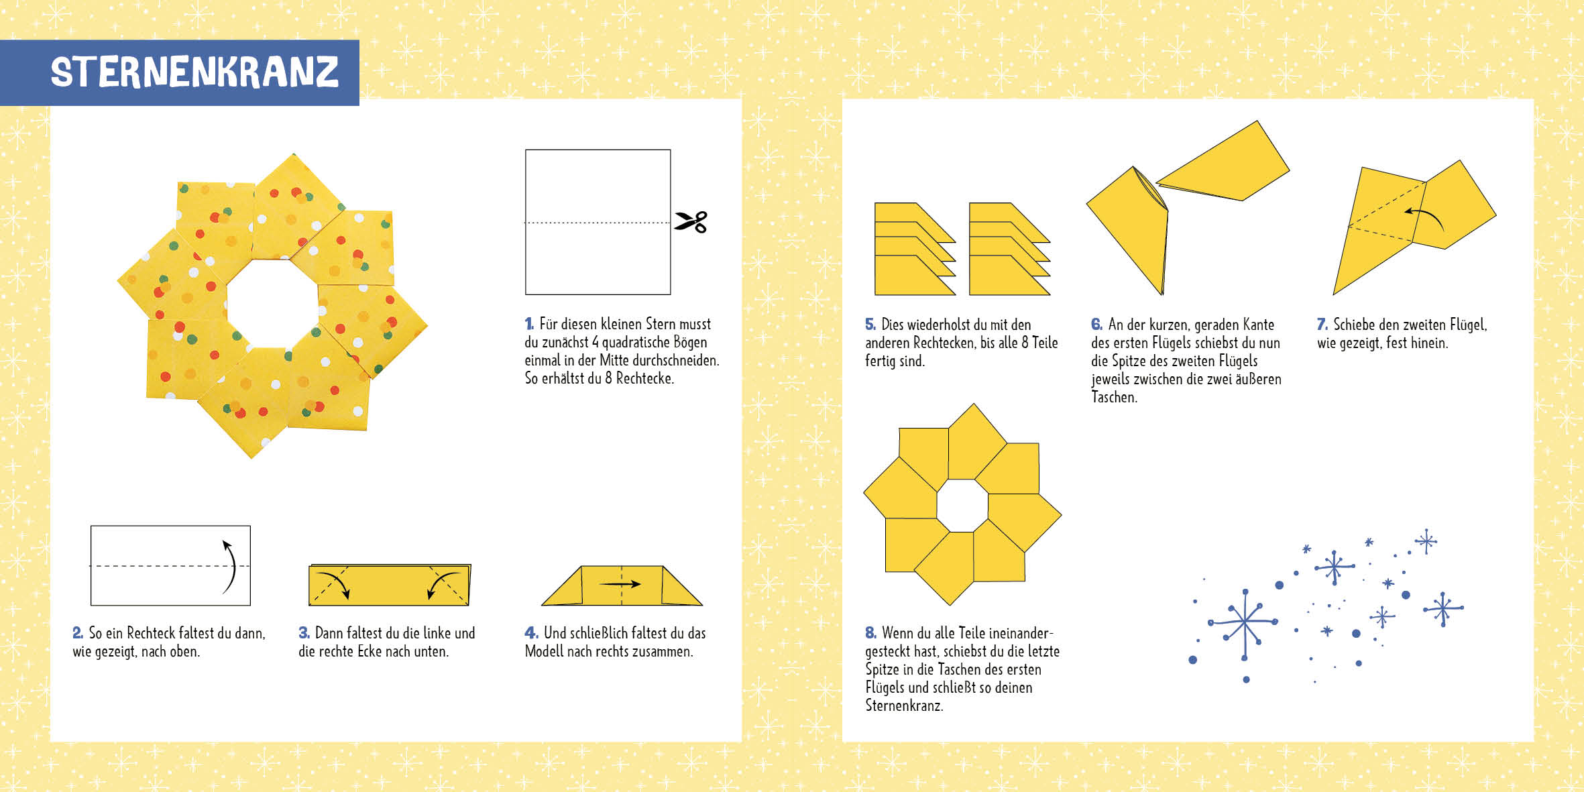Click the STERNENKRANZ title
click(x=194, y=72)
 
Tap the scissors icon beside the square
click(x=691, y=222)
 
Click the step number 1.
click(x=529, y=324)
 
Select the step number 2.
click(x=78, y=632)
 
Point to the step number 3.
click(x=304, y=632)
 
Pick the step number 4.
click(x=531, y=632)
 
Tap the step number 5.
click(x=870, y=325)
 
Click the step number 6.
click(x=1096, y=325)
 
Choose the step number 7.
click(x=1322, y=325)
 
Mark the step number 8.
click(x=870, y=632)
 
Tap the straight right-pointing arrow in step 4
click(x=620, y=584)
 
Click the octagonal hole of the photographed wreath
click(x=272, y=303)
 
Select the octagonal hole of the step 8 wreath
click(x=962, y=506)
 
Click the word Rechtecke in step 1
click(x=644, y=378)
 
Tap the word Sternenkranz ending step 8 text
click(x=904, y=705)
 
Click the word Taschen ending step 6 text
click(x=1114, y=397)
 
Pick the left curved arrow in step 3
click(x=333, y=583)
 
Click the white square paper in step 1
click(x=598, y=222)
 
